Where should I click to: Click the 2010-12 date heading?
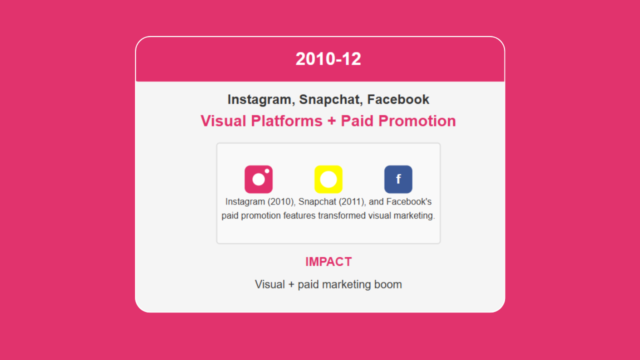[x=328, y=59]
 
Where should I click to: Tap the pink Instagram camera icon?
[x=258, y=179]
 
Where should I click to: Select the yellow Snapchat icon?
[x=328, y=179]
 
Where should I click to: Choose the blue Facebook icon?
[x=398, y=179]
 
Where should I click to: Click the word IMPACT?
[x=328, y=261]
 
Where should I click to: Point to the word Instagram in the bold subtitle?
[x=261, y=99]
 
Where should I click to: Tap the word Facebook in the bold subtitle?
[x=398, y=99]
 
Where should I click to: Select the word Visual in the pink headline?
[x=223, y=121]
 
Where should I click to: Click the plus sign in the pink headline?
[x=331, y=121]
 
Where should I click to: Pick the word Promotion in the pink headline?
[x=417, y=121]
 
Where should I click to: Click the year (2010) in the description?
[x=281, y=201]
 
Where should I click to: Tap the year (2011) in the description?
[x=352, y=201]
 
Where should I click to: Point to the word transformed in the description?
[x=341, y=215]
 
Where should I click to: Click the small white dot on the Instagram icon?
[x=267, y=171]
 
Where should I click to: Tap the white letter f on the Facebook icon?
[x=398, y=179]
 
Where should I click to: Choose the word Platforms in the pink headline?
[x=286, y=121]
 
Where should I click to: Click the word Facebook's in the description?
[x=409, y=201]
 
